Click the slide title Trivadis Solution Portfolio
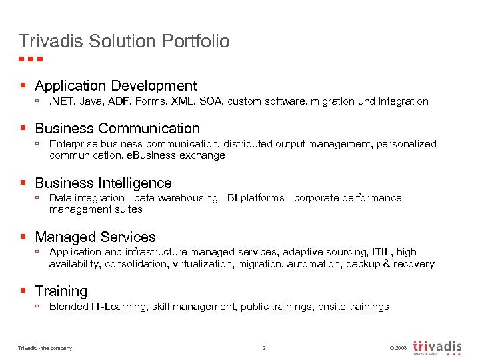click(x=124, y=41)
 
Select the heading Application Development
click(x=115, y=86)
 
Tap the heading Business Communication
click(x=117, y=128)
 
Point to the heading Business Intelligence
click(x=103, y=183)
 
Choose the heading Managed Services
click(x=95, y=237)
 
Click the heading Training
click(x=61, y=291)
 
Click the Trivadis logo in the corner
click(x=437, y=347)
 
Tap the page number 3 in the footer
click(x=264, y=348)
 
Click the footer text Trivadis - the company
click(x=45, y=348)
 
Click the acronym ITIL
click(x=381, y=252)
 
